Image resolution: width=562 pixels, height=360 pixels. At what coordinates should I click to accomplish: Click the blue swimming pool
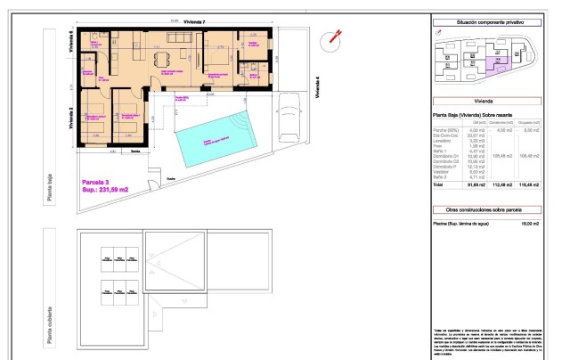(x=216, y=138)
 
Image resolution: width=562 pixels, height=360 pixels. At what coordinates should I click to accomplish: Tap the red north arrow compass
(x=336, y=37)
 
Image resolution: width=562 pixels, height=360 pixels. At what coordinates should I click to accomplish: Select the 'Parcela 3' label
(x=95, y=182)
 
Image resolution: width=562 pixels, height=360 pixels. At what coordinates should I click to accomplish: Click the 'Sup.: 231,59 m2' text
(x=105, y=190)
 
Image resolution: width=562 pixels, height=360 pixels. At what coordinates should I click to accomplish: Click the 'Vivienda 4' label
(x=317, y=89)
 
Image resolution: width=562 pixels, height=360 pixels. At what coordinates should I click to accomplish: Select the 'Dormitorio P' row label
(x=447, y=165)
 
